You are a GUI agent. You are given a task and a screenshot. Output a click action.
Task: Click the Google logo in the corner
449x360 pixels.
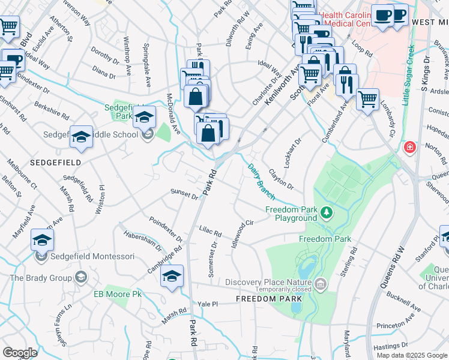coord(20,353)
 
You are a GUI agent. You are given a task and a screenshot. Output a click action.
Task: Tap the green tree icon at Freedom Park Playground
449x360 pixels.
coord(326,212)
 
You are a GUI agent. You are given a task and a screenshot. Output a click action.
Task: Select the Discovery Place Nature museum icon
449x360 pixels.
coord(321,283)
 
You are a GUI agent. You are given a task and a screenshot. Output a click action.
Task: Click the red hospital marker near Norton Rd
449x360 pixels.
coord(410,147)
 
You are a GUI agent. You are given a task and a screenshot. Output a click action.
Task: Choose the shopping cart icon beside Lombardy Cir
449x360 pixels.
coord(367,98)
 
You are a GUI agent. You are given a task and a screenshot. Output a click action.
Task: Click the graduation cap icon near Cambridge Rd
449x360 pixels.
coord(172,277)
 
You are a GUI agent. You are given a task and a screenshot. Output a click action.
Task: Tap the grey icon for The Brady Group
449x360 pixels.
coord(81,278)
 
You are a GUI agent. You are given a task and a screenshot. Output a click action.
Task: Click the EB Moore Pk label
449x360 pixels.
coord(117,294)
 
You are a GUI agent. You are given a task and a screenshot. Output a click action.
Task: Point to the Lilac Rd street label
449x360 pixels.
coord(210,230)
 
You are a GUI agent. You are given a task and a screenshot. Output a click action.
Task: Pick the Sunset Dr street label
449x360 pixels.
coord(184,194)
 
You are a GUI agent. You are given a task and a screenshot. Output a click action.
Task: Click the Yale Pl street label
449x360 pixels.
coord(207,304)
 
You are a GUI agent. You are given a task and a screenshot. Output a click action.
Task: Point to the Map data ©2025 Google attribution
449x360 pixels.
coord(412,355)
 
